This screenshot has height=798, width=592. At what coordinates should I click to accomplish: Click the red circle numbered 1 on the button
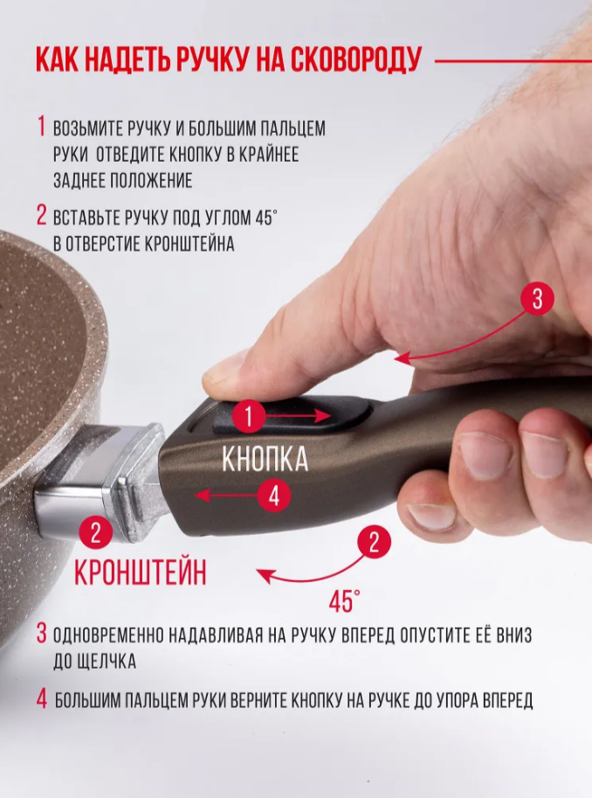click(x=249, y=417)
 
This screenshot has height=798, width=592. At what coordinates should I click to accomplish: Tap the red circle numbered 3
click(x=538, y=299)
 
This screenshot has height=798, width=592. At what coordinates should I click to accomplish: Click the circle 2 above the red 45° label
click(x=374, y=543)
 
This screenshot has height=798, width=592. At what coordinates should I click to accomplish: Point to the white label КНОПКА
click(x=265, y=460)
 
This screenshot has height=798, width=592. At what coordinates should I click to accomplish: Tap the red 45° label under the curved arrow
click(x=344, y=601)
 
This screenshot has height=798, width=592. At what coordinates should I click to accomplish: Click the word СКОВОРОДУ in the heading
click(x=355, y=61)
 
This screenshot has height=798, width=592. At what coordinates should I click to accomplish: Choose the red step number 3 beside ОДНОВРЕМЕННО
click(x=42, y=635)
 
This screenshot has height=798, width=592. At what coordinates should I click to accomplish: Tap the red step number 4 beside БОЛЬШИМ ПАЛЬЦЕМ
click(x=42, y=698)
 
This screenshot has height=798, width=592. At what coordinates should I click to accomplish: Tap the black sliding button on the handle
click(x=293, y=416)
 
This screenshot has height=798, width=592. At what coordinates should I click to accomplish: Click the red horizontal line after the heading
click(x=513, y=62)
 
